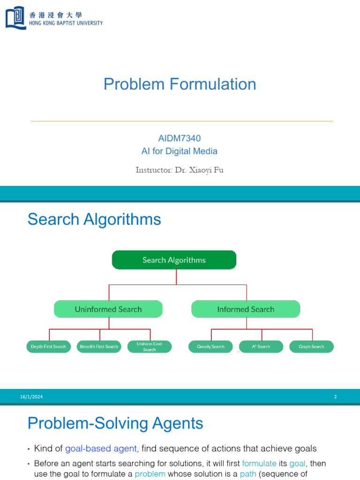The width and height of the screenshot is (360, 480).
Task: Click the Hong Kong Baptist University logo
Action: click(16, 18)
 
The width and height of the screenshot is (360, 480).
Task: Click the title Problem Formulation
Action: click(180, 84)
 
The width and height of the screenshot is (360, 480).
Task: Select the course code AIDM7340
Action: click(180, 138)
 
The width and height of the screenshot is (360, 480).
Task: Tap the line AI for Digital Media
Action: click(180, 151)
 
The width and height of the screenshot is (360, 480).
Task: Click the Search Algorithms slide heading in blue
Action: click(94, 219)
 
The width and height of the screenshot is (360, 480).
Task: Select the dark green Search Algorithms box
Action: click(174, 260)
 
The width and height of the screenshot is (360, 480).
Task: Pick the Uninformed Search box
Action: click(108, 309)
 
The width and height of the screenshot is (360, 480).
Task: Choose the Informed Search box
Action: click(246, 309)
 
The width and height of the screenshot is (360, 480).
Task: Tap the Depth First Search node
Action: click(48, 347)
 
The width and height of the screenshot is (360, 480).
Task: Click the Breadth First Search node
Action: click(98, 347)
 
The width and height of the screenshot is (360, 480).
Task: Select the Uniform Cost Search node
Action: click(150, 347)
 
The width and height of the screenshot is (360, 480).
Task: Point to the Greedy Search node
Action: click(210, 347)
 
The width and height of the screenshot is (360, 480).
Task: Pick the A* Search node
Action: click(261, 347)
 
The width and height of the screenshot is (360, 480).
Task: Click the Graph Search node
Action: click(311, 347)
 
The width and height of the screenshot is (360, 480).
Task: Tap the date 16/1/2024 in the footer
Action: click(31, 397)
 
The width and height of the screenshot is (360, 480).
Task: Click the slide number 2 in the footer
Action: click(336, 397)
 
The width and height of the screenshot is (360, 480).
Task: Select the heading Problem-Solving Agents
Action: click(115, 424)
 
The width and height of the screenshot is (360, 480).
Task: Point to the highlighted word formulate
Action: click(259, 464)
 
